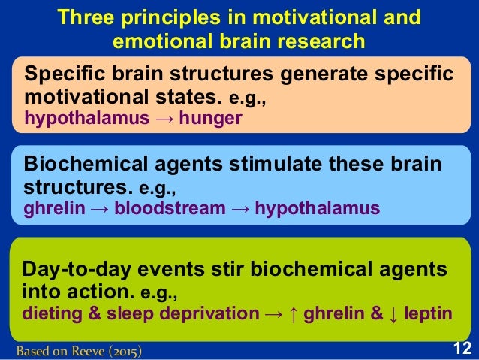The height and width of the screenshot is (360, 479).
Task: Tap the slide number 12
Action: coord(462,348)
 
